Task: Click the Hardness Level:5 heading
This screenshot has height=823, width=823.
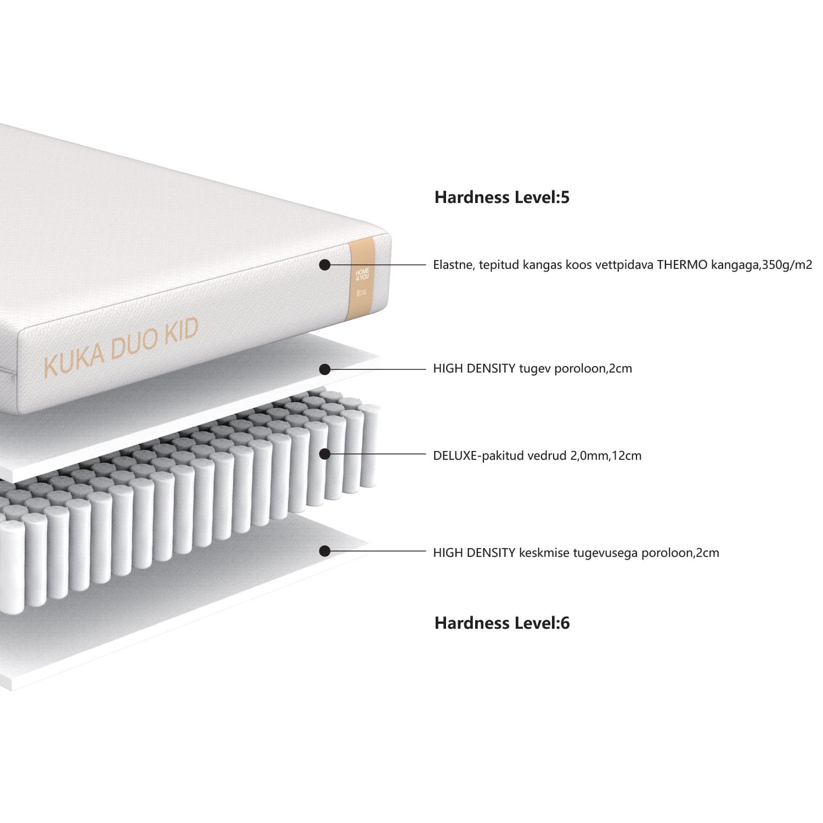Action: [x=502, y=198]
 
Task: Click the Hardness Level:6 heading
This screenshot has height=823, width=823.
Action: [x=502, y=623]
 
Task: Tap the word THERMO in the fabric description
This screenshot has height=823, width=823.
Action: [x=683, y=265]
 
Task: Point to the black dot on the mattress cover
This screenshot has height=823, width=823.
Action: [x=325, y=265]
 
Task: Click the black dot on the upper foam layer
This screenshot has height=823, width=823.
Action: [x=325, y=369]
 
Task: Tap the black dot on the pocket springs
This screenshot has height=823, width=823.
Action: [x=325, y=454]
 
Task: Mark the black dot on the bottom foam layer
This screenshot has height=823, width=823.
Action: [x=325, y=551]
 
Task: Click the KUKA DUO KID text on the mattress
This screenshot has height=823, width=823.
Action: [x=121, y=348]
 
